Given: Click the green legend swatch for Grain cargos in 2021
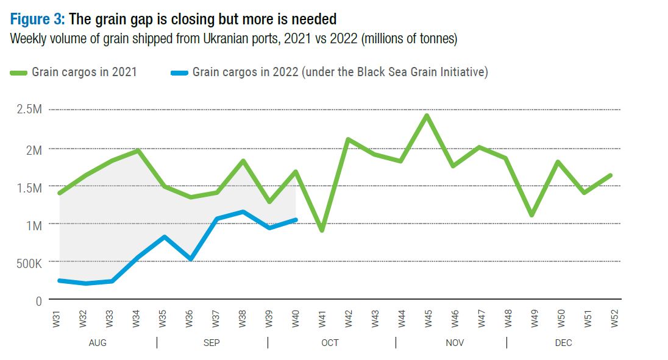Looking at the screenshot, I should (x=19, y=72).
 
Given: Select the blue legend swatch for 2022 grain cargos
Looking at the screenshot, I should (x=180, y=72).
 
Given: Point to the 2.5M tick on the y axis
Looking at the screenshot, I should (x=30, y=110).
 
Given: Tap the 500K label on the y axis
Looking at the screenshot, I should (x=29, y=263).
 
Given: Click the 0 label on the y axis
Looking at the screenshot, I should (x=38, y=300).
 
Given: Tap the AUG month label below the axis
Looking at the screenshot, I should (x=98, y=343).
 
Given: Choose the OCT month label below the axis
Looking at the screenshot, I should (x=330, y=343).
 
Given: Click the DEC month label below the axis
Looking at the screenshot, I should (x=563, y=343).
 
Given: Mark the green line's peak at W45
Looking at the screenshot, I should (x=427, y=115).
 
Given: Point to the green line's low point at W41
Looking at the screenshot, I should (x=322, y=230).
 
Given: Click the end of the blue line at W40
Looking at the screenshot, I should (x=296, y=220).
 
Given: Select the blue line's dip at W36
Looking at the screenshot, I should (x=191, y=259).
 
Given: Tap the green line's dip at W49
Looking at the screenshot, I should (x=532, y=215).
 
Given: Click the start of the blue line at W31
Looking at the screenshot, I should (x=60, y=280).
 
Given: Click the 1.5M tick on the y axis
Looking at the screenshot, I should (x=30, y=187).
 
